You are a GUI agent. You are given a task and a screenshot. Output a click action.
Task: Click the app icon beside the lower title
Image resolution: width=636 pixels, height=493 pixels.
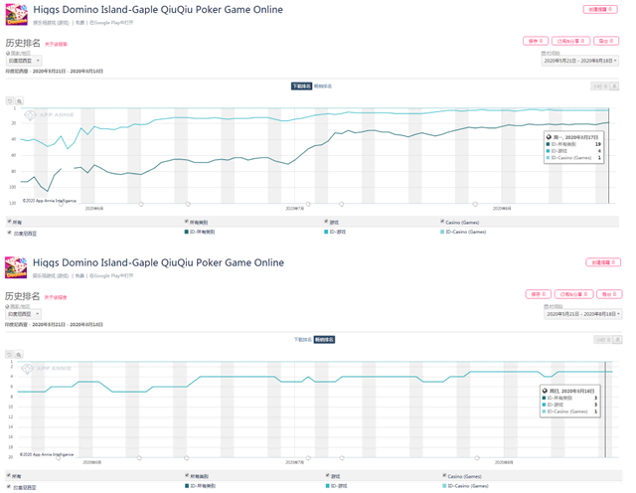click(16, 267)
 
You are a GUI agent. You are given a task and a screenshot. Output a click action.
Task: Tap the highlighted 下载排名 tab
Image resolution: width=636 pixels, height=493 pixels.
click(301, 86)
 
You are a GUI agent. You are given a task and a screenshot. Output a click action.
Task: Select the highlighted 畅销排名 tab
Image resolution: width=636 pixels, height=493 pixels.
click(325, 340)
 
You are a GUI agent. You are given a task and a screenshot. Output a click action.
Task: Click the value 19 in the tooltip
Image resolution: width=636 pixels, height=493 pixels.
click(598, 144)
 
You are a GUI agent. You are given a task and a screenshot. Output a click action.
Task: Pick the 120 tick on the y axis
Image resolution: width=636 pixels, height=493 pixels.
click(12, 202)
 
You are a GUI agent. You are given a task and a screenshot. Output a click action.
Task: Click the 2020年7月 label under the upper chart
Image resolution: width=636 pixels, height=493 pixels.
click(296, 209)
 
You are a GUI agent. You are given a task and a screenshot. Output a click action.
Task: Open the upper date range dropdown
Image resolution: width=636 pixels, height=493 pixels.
click(580, 61)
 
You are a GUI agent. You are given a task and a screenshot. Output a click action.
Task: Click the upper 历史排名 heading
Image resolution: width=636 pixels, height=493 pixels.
click(22, 44)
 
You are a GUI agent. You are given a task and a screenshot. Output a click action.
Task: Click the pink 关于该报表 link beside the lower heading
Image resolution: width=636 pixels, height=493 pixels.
click(56, 296)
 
